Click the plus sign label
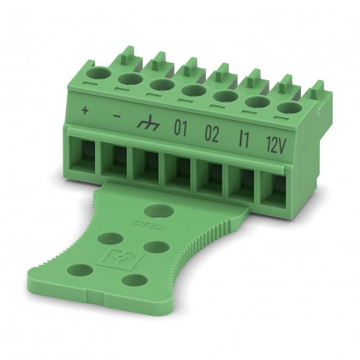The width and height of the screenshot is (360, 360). pyautogui.click(x=85, y=109)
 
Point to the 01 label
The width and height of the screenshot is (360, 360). pyautogui.click(x=179, y=128)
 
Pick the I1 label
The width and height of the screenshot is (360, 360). pyautogui.click(x=244, y=138)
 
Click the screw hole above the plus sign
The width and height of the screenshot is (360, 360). pyautogui.click(x=98, y=75)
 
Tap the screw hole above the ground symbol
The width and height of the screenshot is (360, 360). pyautogui.click(x=162, y=85)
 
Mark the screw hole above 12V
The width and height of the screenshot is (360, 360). pyautogui.click(x=288, y=108)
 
